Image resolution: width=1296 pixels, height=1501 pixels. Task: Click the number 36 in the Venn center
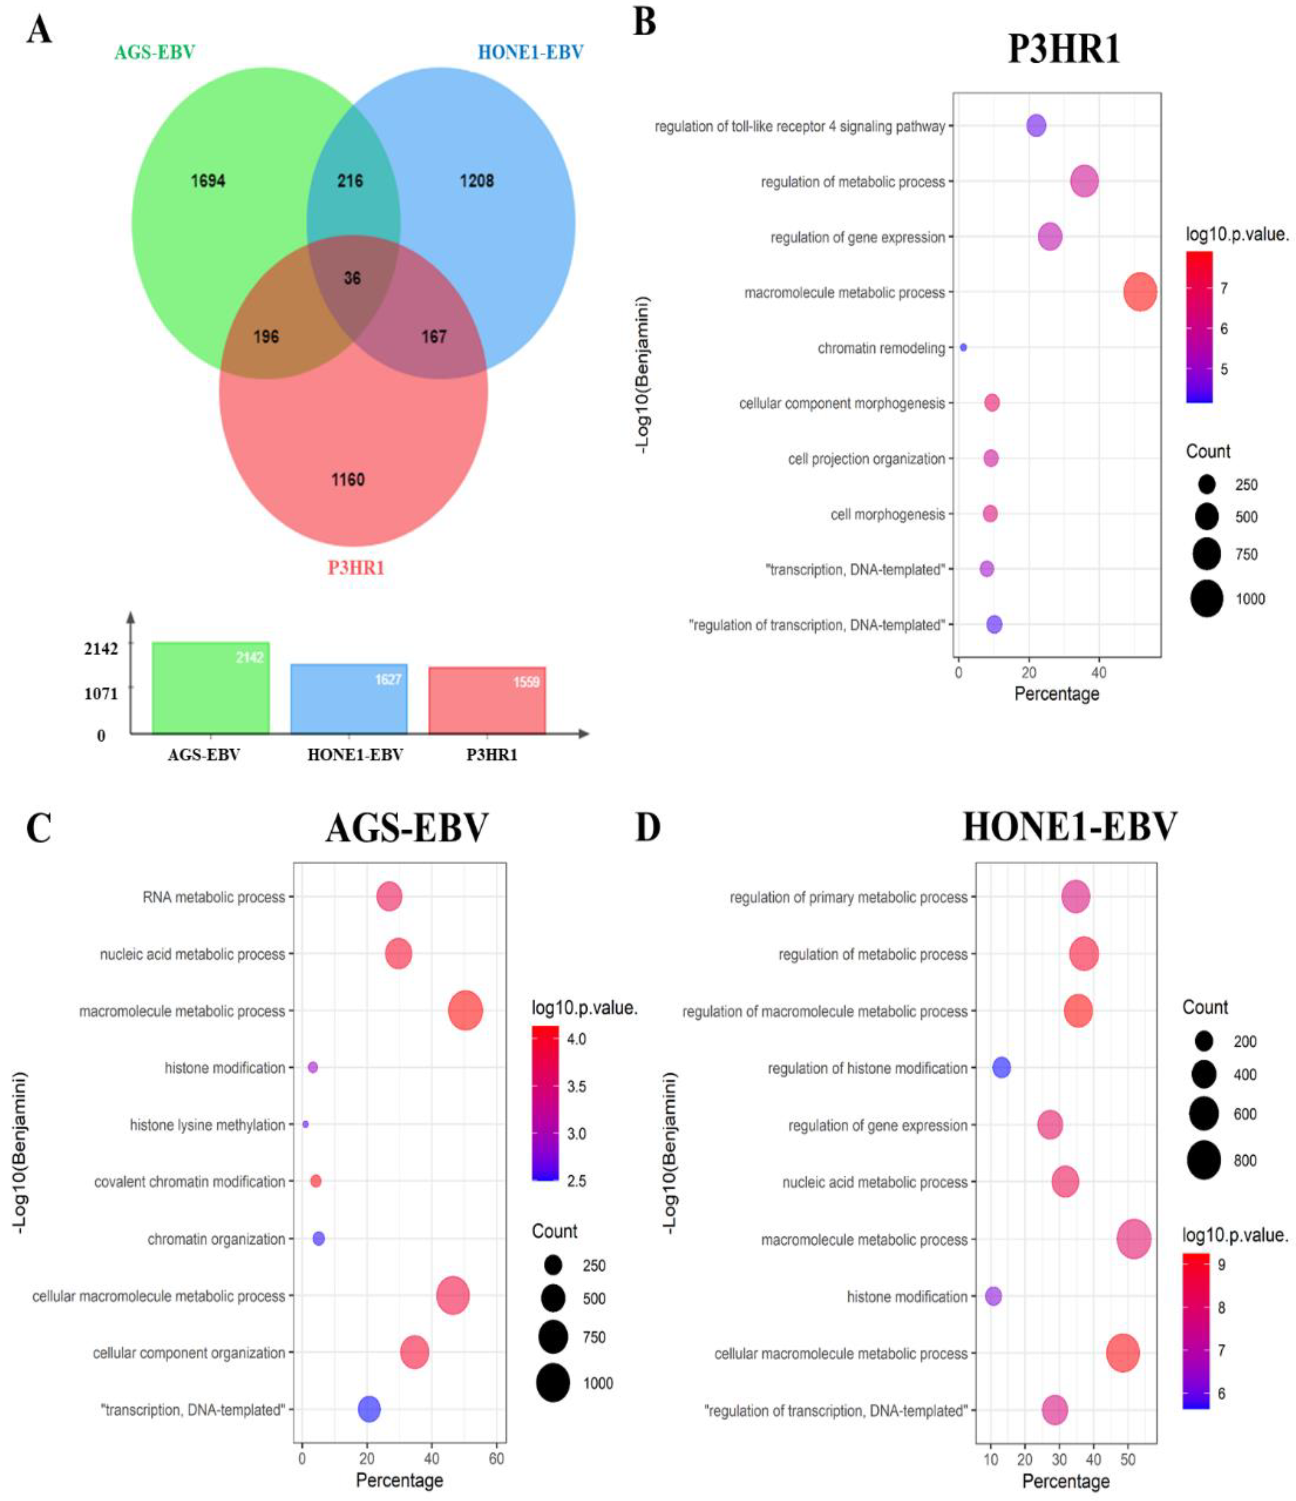pos(352,278)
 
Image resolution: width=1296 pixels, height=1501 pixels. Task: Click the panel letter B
pos(644,22)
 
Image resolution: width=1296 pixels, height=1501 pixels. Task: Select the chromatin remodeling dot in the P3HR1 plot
pos(963,348)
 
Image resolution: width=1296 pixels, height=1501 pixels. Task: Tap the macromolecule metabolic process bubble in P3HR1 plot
pos(1139,292)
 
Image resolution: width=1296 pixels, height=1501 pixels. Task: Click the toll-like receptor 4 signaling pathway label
pos(800,127)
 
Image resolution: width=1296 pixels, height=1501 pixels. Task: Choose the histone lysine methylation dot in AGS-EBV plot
pos(305,1124)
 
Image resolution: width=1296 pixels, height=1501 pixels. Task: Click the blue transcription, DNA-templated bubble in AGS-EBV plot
pos(368,1409)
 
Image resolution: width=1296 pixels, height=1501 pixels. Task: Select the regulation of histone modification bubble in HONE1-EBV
pos(1001,1067)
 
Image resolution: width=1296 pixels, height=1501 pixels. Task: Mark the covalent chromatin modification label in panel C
pos(190,1182)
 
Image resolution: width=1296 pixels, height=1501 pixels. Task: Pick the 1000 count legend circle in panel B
pos(1206,598)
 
